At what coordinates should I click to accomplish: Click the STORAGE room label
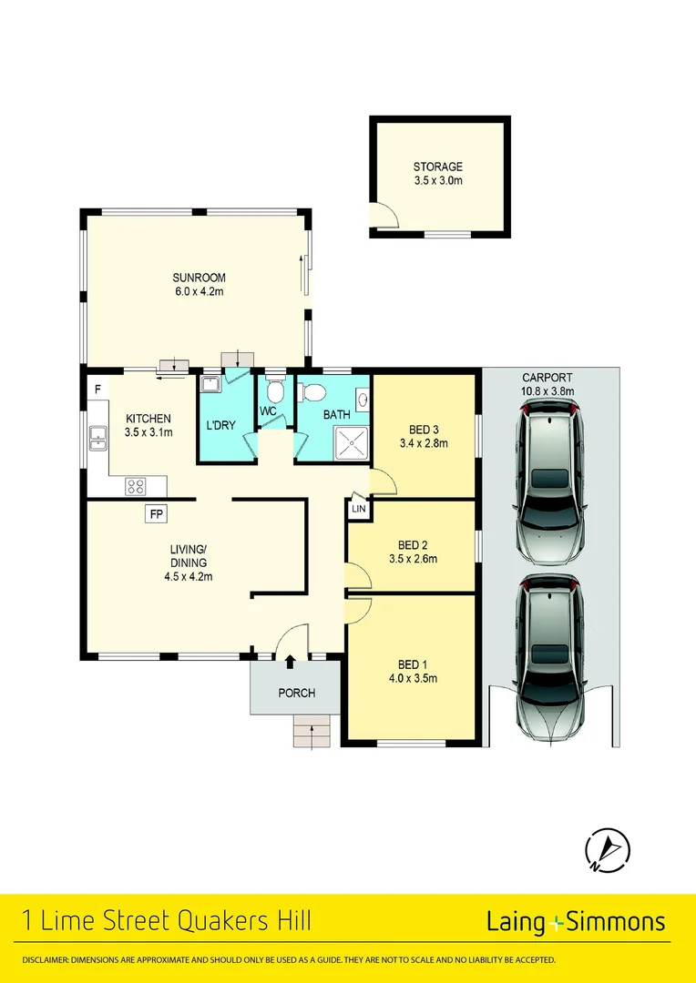point(438,167)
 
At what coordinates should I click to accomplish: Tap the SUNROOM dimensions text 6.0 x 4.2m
point(199,292)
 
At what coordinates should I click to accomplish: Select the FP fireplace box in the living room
point(157,514)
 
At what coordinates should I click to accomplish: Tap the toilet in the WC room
point(275,391)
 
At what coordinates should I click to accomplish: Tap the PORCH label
point(297,694)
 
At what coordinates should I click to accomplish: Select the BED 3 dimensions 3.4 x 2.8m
point(425,444)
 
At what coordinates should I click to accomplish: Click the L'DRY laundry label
point(220,425)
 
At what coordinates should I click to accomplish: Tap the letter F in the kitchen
point(96,390)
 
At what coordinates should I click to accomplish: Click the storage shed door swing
point(384,215)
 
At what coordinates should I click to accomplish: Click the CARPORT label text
point(547,378)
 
